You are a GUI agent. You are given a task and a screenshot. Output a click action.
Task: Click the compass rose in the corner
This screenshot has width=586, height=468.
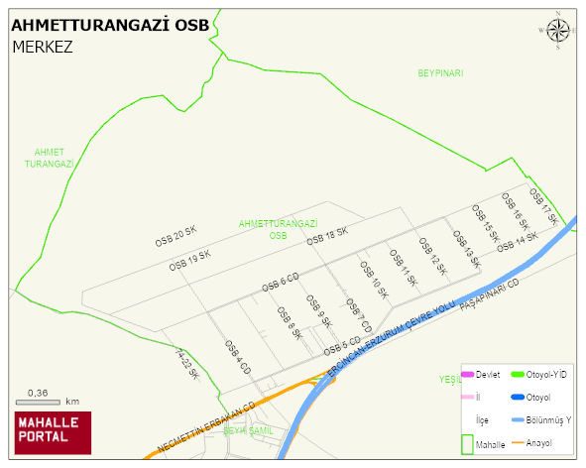tap(558, 31)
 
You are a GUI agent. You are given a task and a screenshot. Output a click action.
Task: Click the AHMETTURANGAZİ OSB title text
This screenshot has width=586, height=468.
tap(110, 26)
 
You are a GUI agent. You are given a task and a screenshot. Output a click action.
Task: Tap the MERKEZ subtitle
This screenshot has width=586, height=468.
tap(43, 47)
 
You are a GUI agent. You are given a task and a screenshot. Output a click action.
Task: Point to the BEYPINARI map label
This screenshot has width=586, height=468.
tap(440, 73)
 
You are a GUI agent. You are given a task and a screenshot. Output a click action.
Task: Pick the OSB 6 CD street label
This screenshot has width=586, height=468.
tap(281, 282)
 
